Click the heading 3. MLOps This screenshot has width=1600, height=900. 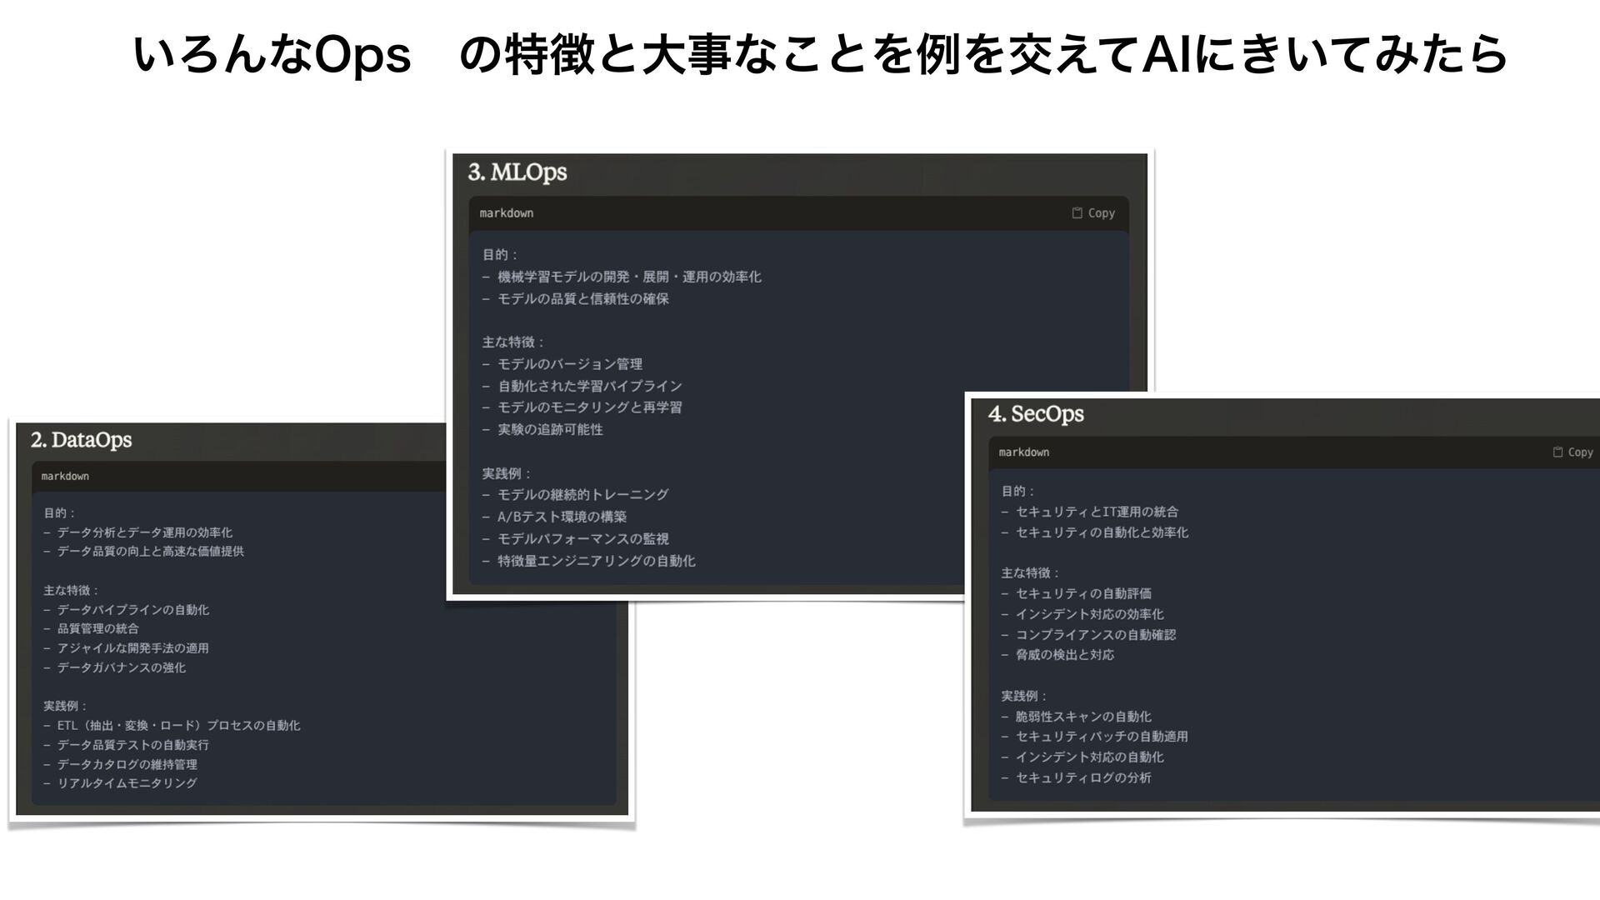coord(517,172)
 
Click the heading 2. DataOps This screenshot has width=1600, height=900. coord(82,440)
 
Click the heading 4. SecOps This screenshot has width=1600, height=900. coord(1036,414)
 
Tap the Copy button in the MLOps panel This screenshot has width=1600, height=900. coord(1093,213)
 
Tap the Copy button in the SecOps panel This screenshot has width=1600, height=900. coord(1572,452)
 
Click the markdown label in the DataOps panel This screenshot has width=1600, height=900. coord(65,476)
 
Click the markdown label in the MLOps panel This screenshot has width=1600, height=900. coord(507,213)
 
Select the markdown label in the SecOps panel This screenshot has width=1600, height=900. coord(1024,452)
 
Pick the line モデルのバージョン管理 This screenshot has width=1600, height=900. coord(570,364)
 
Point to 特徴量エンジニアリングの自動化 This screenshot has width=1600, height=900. coord(596,561)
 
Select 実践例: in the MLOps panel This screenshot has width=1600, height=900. coord(506,473)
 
